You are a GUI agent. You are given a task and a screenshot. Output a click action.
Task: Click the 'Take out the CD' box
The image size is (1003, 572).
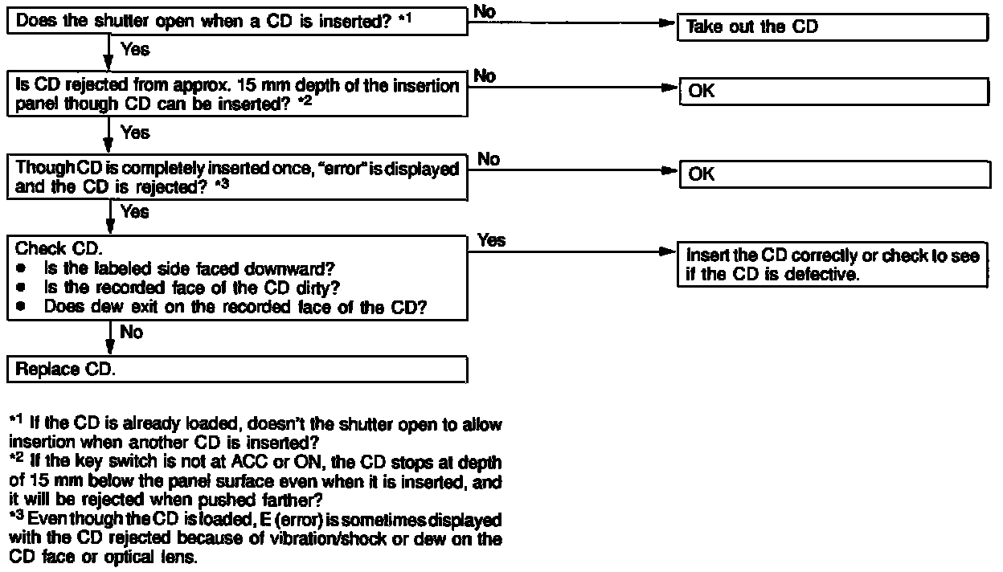[x=833, y=27]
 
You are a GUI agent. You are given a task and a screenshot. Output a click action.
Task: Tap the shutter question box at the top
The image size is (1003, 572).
[x=237, y=22]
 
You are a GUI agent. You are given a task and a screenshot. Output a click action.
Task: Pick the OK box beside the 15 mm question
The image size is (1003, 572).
[x=833, y=92]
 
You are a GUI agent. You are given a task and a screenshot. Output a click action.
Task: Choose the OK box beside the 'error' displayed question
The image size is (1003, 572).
[x=833, y=174]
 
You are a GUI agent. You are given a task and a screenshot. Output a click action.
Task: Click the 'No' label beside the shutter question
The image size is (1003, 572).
[x=485, y=10]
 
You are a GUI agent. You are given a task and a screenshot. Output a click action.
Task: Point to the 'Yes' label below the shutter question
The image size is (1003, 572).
[x=135, y=50]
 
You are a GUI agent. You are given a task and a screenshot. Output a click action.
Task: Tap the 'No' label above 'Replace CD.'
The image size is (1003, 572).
[x=131, y=332]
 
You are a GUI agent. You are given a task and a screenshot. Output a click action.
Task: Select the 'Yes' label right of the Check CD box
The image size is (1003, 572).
[x=491, y=240]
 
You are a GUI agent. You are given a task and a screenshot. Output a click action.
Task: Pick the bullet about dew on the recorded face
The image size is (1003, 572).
[x=233, y=306]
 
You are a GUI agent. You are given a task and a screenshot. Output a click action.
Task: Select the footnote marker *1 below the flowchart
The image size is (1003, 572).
[x=17, y=421]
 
